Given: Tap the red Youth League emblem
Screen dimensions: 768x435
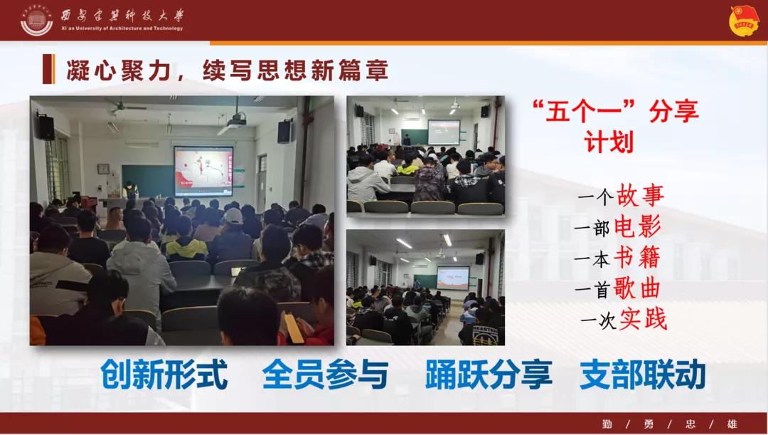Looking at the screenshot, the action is (744, 21).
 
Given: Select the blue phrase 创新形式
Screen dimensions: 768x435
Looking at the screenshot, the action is (164, 374).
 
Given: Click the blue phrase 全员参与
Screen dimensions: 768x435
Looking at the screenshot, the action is (325, 374).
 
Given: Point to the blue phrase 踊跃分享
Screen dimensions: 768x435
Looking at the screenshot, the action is (489, 374).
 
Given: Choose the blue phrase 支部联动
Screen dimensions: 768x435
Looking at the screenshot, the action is (643, 374).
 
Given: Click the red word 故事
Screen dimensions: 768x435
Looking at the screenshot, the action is (640, 195).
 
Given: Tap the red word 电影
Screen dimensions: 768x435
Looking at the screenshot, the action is (637, 226).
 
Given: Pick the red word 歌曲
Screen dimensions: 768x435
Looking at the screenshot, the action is (636, 288).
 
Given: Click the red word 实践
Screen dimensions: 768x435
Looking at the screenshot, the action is (643, 319).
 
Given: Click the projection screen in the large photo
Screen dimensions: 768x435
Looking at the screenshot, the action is (203, 171).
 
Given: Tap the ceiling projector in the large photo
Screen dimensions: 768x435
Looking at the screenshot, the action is (237, 120).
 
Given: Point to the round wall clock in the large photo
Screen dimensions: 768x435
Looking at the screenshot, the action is (103, 169).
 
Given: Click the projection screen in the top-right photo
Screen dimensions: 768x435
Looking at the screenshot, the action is (444, 132).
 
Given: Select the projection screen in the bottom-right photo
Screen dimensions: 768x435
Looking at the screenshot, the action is (452, 278).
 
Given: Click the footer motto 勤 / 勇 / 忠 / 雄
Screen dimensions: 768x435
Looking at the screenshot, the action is (670, 424).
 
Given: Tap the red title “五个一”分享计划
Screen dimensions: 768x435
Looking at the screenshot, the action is (615, 126).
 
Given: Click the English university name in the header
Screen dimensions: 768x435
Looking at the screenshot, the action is (122, 28).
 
